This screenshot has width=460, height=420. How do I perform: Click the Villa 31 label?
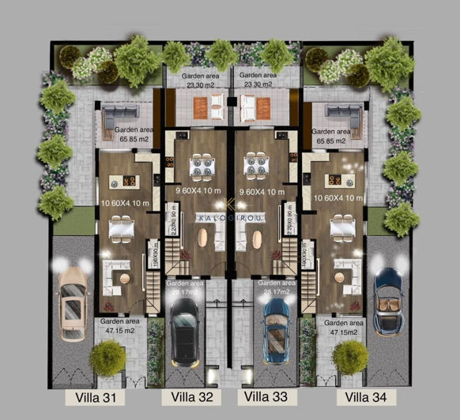pos(100,398)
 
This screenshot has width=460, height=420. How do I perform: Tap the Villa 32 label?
pos(188,397)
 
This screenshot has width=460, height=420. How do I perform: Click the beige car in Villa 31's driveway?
pos(73,303)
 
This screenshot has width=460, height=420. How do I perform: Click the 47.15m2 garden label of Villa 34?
pos(344,328)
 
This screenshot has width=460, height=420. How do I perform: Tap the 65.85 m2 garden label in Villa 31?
pos(134,137)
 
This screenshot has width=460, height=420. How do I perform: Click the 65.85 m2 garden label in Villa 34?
pos(331,137)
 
